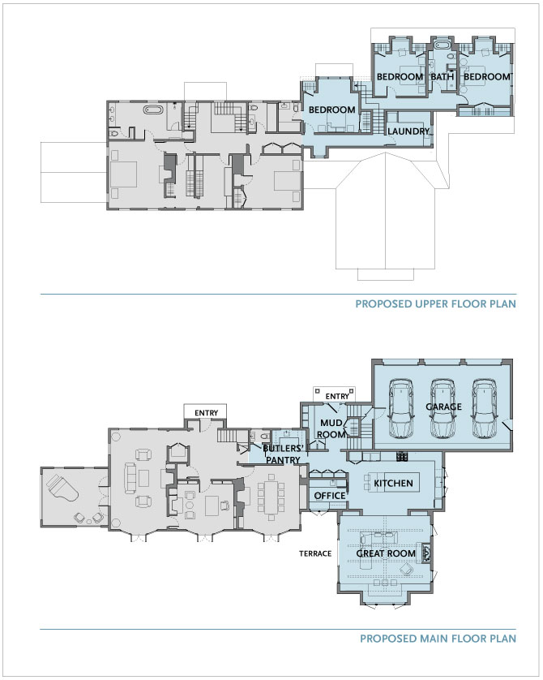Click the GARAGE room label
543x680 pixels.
[443, 407]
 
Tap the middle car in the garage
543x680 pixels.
[443, 408]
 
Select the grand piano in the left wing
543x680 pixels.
[62, 488]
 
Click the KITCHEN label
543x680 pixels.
[393, 483]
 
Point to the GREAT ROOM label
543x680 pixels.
[386, 553]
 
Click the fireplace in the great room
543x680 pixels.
[426, 553]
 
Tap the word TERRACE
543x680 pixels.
[315, 553]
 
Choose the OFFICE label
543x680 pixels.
[330, 496]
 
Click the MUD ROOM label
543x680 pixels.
[332, 428]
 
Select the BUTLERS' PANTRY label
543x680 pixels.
[282, 454]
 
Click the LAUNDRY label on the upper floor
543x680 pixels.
[408, 131]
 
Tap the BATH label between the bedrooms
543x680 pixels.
[443, 77]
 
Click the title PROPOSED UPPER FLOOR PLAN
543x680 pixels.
[435, 303]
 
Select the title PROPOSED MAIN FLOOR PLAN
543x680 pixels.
[438, 639]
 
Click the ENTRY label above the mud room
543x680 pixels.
[337, 396]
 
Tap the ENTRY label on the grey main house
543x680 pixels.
[206, 413]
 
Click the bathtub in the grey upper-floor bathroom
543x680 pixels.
[154, 110]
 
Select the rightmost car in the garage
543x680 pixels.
[484, 408]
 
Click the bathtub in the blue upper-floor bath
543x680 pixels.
[443, 45]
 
